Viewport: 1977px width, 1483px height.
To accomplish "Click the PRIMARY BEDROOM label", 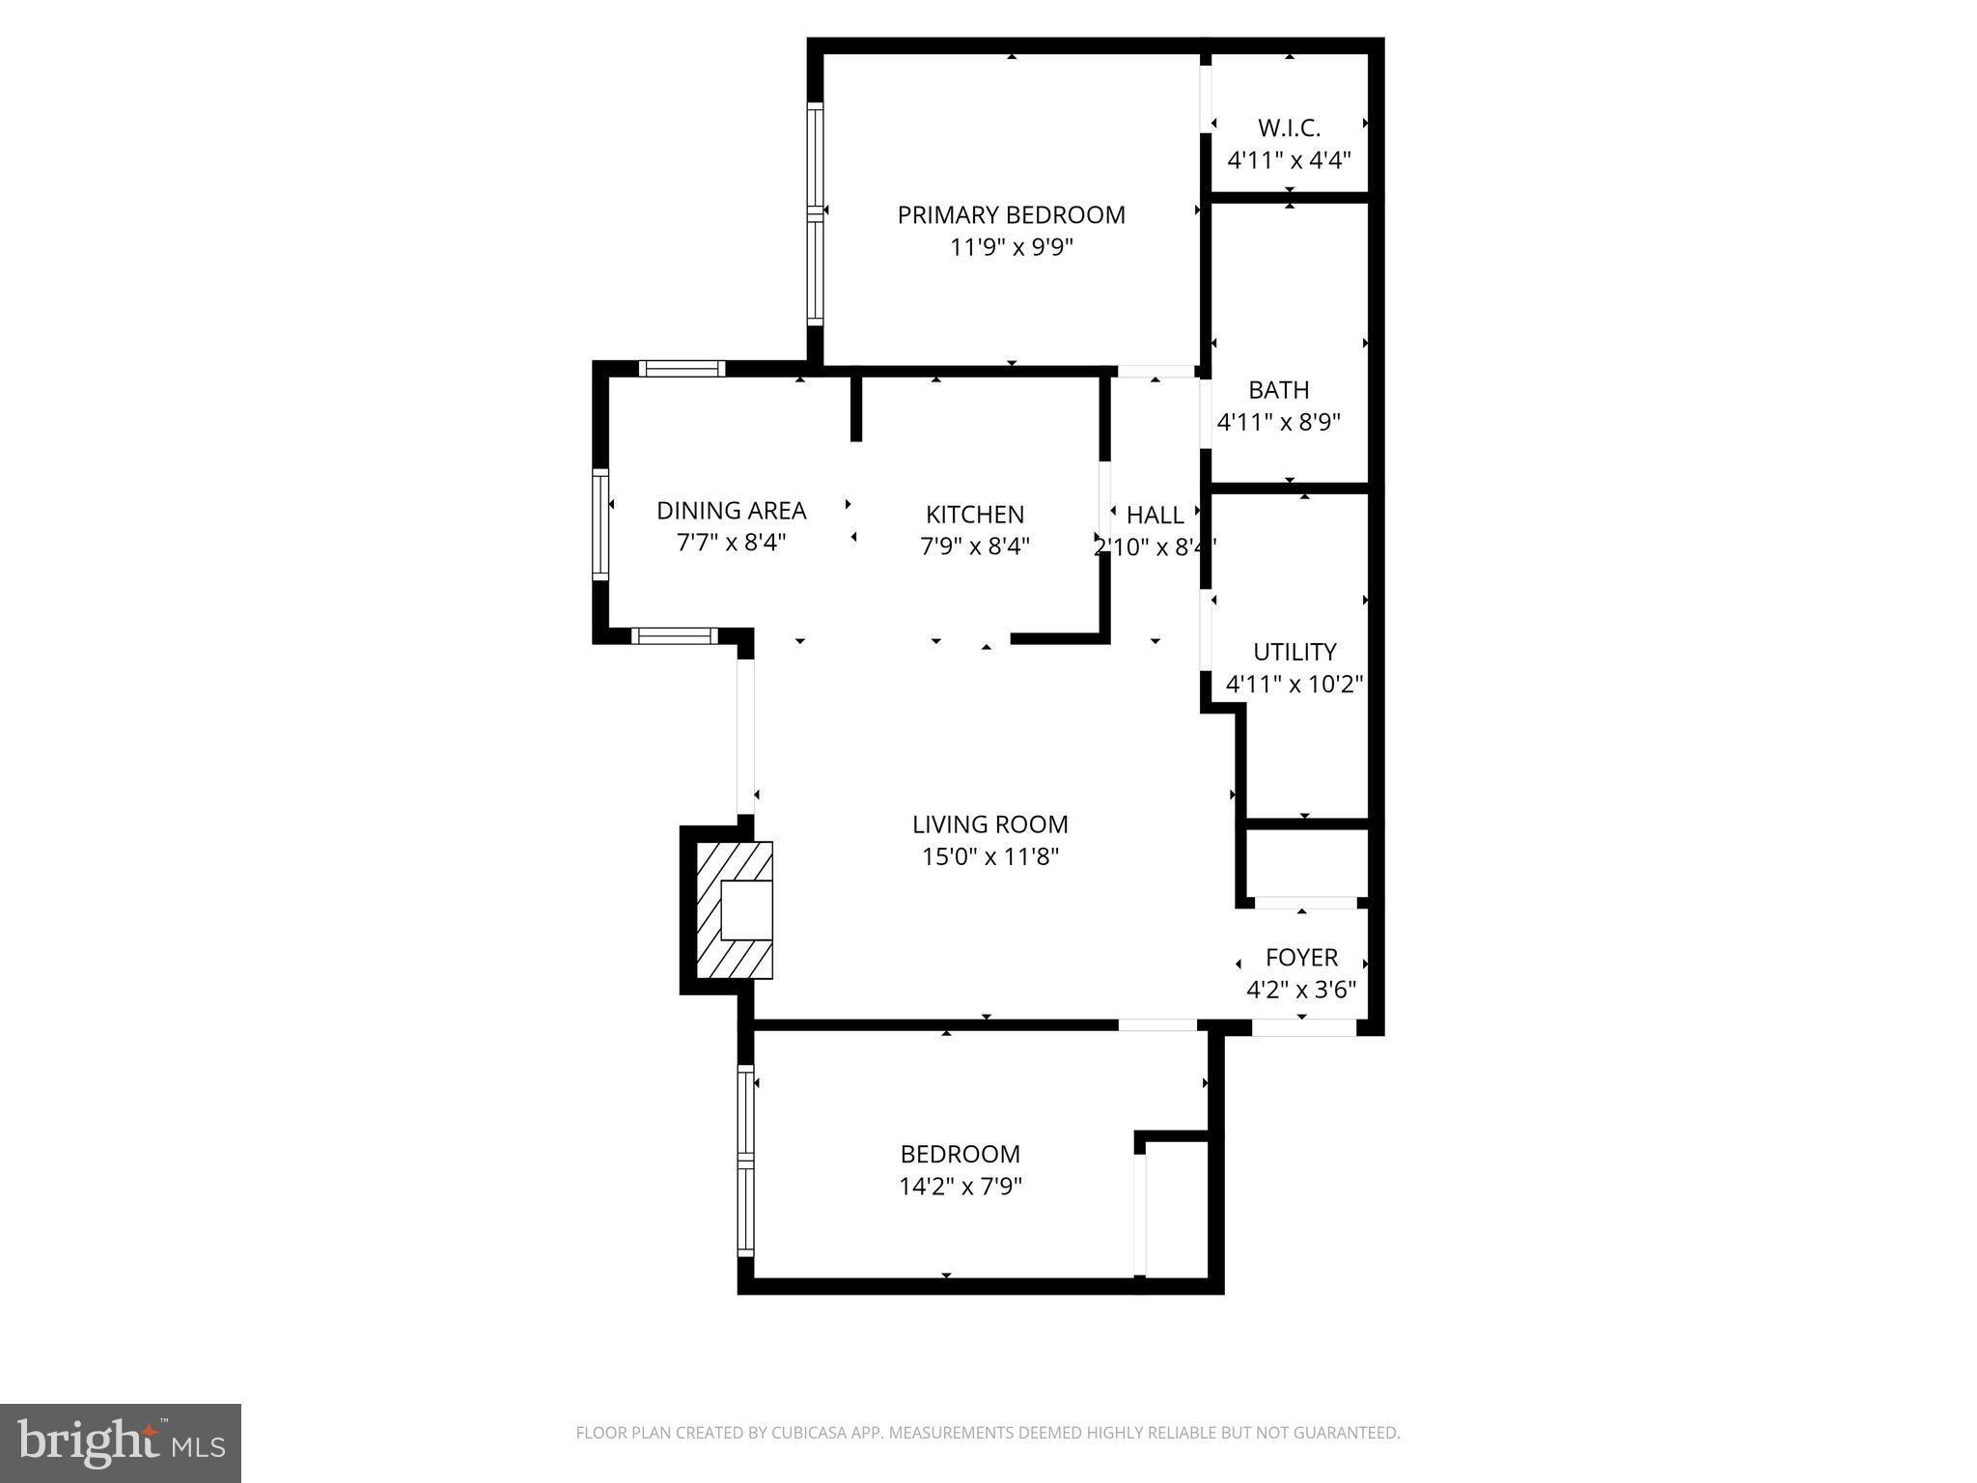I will tap(1011, 214).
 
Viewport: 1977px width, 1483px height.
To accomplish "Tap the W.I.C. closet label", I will tap(1289, 127).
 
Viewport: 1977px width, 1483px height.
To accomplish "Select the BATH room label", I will tap(1278, 390).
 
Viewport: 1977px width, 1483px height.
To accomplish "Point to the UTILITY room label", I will tap(1294, 652).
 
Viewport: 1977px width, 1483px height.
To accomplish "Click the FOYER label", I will tap(1301, 957).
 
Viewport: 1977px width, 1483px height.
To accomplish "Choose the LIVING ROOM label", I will tap(989, 825).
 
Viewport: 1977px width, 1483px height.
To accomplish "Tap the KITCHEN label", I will tap(974, 515).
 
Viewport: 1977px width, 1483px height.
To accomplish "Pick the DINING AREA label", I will tap(731, 510).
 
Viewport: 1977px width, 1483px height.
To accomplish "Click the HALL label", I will tap(1155, 515).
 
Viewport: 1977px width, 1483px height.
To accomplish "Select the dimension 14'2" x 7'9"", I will tap(961, 1187).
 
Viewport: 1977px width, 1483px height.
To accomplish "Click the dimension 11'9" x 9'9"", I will tap(1011, 247).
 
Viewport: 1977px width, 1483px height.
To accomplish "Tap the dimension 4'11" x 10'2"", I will tap(1294, 685).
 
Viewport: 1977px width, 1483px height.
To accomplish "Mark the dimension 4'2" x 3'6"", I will tap(1301, 990).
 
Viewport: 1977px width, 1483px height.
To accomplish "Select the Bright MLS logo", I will tap(120, 1442).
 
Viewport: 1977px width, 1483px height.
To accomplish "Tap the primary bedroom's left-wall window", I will tap(816, 212).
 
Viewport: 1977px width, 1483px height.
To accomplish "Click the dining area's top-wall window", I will tap(682, 368).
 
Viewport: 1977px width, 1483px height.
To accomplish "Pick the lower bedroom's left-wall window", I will tap(745, 1159).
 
